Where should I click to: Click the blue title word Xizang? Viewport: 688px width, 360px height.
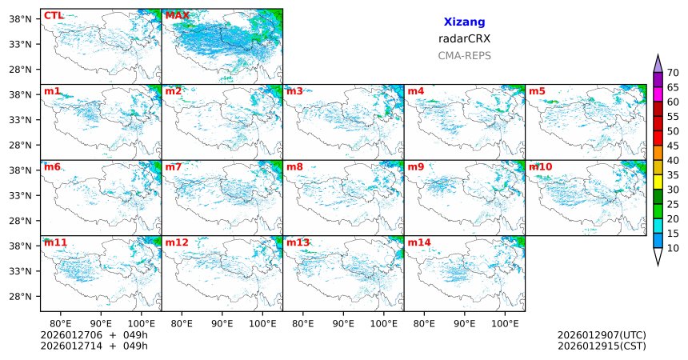pos(464,22)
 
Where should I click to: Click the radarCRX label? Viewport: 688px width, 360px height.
pos(464,38)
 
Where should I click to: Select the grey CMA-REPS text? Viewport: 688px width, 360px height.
pos(464,56)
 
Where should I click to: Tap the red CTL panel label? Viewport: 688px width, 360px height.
pos(54,15)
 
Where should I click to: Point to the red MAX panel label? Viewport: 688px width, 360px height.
pos(177,15)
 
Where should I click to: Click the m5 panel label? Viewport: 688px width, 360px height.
pos(537,91)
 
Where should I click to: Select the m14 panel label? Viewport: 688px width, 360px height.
pos(419,242)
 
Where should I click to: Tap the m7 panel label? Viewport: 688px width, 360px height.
pos(174,166)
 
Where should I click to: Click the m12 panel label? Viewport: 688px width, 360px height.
pos(177,242)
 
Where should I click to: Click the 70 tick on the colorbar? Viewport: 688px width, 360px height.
pos(673,72)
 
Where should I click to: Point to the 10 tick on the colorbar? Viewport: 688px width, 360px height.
pos(673,249)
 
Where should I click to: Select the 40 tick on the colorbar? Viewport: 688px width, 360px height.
pos(673,160)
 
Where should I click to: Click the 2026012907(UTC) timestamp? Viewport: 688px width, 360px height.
pos(602,334)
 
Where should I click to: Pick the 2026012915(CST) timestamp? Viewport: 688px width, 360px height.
pos(602,346)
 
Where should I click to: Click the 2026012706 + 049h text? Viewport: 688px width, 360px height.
pos(94,334)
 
